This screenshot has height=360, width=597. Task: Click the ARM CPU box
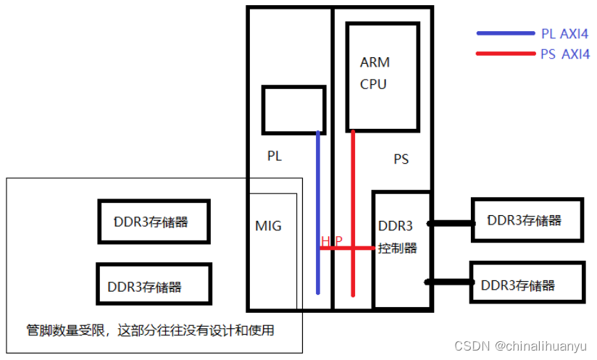coord(383,76)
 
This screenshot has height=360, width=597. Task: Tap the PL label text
coord(275,156)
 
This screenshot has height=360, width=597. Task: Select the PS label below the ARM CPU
coord(401,159)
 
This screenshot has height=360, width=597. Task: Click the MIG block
coord(268,226)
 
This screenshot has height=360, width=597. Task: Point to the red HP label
coord(332,240)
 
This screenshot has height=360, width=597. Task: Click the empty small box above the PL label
coord(293,109)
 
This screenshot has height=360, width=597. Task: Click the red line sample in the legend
coord(505,54)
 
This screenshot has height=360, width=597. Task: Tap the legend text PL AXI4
coord(565,34)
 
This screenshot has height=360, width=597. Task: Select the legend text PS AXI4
coord(565,54)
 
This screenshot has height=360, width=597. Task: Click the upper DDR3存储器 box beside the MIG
coord(154,222)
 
